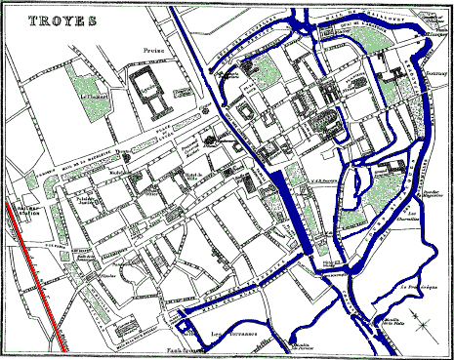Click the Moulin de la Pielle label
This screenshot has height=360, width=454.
392,321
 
